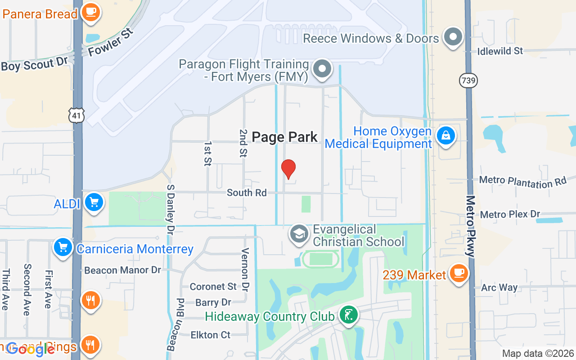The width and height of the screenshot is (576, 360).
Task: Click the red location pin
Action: (288, 169)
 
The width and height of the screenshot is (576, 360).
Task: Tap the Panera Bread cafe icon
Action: (91, 12)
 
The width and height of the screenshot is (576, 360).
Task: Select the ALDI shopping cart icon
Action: (94, 202)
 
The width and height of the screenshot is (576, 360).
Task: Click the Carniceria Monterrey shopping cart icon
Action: (63, 247)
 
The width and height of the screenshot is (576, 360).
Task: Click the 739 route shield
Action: (468, 81)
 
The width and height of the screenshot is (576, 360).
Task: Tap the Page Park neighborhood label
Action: (284, 137)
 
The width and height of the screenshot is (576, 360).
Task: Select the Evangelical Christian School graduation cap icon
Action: (299, 234)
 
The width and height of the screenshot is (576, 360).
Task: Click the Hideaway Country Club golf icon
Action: (348, 315)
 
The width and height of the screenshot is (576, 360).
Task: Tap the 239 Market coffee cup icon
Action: (458, 273)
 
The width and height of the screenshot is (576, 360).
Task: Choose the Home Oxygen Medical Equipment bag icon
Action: (445, 135)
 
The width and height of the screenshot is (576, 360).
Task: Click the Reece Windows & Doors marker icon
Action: (453, 37)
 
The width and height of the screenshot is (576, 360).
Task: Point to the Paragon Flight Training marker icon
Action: (322, 69)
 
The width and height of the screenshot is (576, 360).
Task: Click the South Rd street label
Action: (247, 193)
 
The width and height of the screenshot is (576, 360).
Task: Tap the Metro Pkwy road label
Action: (471, 226)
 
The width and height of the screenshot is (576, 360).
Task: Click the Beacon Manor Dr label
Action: (122, 270)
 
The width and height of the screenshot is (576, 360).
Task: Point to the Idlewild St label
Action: (500, 51)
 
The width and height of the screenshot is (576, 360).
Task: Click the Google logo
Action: (31, 349)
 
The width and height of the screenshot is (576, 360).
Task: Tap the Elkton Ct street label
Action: (210, 334)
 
